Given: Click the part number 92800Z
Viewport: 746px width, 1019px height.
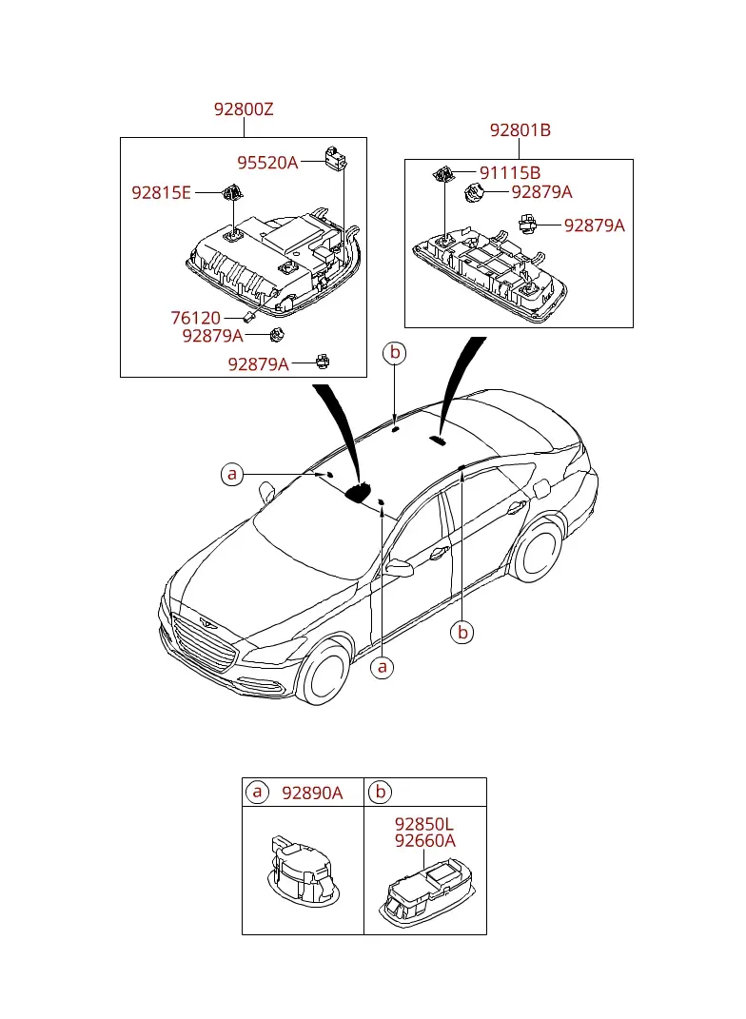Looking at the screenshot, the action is [244, 109].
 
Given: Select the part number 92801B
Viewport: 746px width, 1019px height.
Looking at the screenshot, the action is [520, 130].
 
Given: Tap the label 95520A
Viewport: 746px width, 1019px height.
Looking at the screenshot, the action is [267, 163].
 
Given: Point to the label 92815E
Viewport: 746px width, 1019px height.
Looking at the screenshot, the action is [161, 193].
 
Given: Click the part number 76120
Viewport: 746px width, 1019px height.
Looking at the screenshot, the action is [196, 318].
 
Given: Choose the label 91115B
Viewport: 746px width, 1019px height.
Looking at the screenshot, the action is [510, 173].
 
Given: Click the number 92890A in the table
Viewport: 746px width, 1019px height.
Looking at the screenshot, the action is [312, 793].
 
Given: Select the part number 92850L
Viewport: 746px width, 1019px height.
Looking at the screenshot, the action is [423, 824].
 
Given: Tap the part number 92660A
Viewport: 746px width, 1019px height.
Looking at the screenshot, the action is [425, 841].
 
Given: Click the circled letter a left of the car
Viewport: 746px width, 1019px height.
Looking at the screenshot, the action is [232, 475].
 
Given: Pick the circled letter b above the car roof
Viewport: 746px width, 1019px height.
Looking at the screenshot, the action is [395, 353].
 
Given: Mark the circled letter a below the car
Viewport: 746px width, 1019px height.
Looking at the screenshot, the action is [383, 667].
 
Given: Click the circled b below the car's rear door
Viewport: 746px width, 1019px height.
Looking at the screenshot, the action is [462, 633].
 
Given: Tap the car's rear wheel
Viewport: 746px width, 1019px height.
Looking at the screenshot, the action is [538, 550].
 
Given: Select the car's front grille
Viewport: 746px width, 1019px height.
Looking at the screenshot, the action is [203, 643].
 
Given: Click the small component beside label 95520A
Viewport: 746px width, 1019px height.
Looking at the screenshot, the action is [335, 158].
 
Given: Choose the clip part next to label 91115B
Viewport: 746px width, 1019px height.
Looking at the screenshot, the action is [442, 174].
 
